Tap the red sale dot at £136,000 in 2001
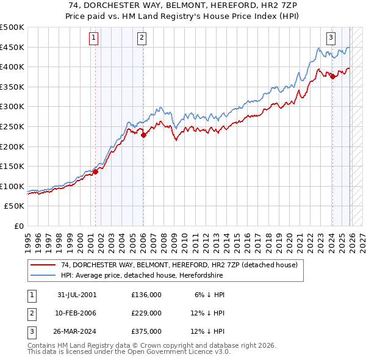pyautogui.click(x=96, y=171)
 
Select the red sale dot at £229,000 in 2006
pyautogui.click(x=143, y=135)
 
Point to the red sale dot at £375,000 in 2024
pyautogui.click(x=332, y=77)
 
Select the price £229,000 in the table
pyautogui.click(x=146, y=313)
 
